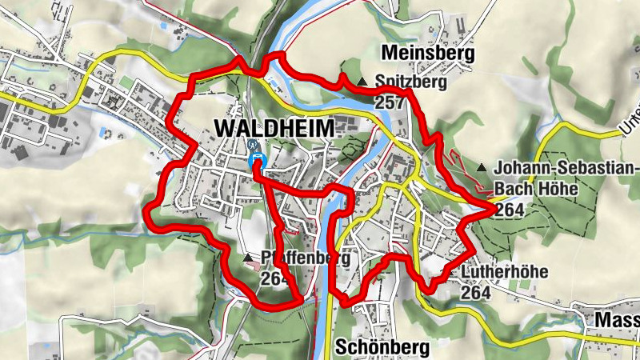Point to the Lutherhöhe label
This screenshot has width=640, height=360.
504,272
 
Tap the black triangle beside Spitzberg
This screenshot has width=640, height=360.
362,82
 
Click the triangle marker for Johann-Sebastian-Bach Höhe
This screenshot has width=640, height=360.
482,168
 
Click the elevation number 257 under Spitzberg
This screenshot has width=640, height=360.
388,102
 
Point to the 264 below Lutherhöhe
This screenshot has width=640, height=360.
475,292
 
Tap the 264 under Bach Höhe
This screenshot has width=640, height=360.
509,210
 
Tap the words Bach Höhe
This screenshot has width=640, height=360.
532,190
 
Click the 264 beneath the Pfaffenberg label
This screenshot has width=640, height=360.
274,279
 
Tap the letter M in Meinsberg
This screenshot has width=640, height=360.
390,54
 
